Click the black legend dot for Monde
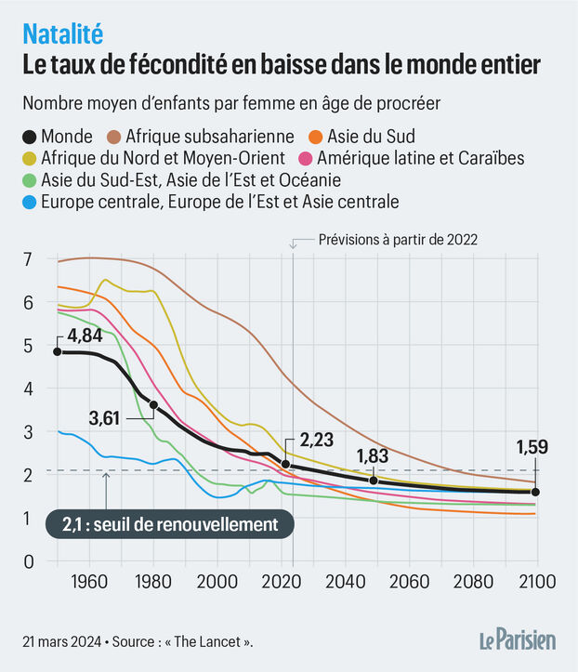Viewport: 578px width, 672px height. pos(32,138)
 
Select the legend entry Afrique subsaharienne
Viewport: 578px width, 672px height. pos(210,138)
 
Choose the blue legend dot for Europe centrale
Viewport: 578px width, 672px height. pos(32,201)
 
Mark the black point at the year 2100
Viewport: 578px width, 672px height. pos(534,492)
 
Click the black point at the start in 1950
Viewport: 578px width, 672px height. pos(58,351)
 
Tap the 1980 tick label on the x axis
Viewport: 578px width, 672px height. pos(153,583)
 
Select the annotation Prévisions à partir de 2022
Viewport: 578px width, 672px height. pos(397,239)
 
